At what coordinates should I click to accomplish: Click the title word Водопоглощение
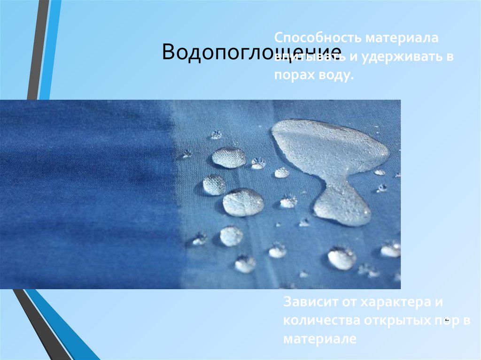251,53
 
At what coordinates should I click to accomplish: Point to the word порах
292,76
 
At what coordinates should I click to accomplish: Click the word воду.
334,76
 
